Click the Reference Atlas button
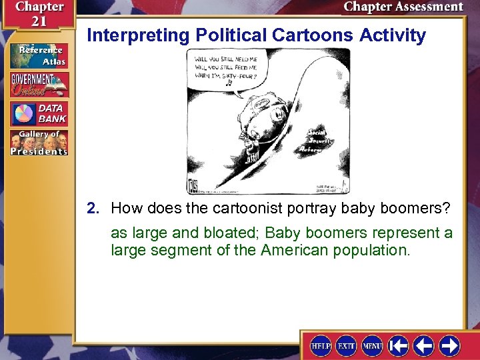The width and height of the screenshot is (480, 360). (39, 55)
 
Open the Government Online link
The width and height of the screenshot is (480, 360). (39, 85)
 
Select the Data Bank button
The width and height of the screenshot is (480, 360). (39, 113)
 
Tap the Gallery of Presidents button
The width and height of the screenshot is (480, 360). (39, 143)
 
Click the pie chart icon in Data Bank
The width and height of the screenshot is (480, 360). (22, 113)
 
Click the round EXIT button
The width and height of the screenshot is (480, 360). (346, 345)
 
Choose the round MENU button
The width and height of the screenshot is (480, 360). (372, 345)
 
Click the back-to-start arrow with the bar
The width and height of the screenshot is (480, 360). (399, 345)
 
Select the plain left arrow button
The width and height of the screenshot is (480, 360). (424, 345)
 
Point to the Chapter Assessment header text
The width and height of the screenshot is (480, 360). (403, 7)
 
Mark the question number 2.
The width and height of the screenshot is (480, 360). (93, 209)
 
